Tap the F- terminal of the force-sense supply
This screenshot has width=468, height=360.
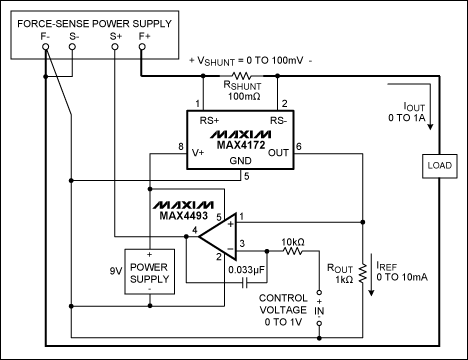45,37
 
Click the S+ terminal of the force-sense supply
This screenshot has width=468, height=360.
116,37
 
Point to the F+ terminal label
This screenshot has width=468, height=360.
144,37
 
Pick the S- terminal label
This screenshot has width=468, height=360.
72,37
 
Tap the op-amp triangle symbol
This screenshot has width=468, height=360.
219,237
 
